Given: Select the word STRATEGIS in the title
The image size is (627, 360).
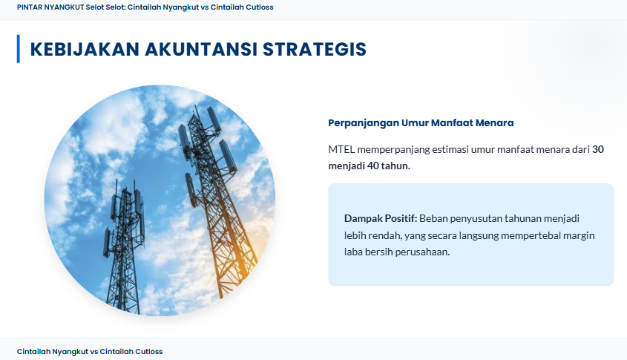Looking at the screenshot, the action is tap(315, 49).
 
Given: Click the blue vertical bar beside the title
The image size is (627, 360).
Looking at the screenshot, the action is tap(18, 49).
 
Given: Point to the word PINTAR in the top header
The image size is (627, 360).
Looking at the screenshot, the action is tap(30, 7).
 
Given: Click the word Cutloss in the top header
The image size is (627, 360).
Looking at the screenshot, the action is tap(260, 7).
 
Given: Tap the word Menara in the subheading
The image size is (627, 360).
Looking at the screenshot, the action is tap(494, 122).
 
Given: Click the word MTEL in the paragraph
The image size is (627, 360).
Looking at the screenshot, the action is tap(341, 149).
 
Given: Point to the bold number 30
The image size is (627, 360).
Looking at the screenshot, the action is tap(598, 149).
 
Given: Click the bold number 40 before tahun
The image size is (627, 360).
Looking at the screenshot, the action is tap(372, 166).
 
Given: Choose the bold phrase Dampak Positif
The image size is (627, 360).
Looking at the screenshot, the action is tap(381, 218).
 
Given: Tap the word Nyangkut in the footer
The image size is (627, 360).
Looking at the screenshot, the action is tap(70, 352).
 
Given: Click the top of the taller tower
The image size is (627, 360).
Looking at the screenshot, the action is tap(195, 106).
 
